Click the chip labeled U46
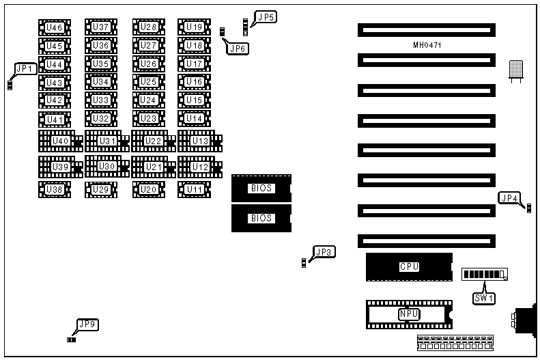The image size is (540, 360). pyautogui.click(x=54, y=27)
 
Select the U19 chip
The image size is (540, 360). pyautogui.click(x=195, y=27)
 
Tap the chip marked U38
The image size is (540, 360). pyautogui.click(x=54, y=189)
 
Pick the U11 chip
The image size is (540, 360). pyautogui.click(x=195, y=189)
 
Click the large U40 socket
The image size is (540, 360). pyautogui.click(x=60, y=141)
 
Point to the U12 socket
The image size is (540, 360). pyautogui.click(x=200, y=167)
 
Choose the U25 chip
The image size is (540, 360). pyautogui.click(x=148, y=82)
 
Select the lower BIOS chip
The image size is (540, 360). pyautogui.click(x=261, y=219)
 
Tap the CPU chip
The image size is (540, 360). pyautogui.click(x=408, y=266)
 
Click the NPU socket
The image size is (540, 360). pyautogui.click(x=408, y=314)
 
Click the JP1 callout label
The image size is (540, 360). pyautogui.click(x=25, y=68)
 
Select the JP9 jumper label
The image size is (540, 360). pyautogui.click(x=87, y=325)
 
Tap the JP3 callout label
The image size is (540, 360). pyautogui.click(x=324, y=252)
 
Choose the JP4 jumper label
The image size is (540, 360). pyautogui.click(x=509, y=199)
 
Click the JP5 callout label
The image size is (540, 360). pyautogui.click(x=264, y=18)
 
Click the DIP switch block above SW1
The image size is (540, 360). pyautogui.click(x=485, y=275)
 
